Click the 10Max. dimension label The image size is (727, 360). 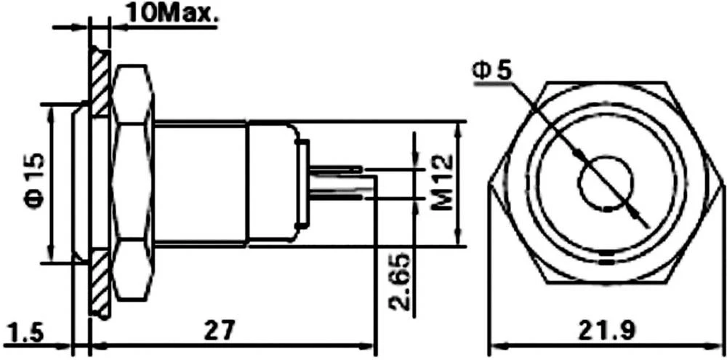[164, 12]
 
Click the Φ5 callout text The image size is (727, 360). [492, 70]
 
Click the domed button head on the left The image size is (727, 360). [81, 182]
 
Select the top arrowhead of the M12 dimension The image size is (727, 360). [458, 128]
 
